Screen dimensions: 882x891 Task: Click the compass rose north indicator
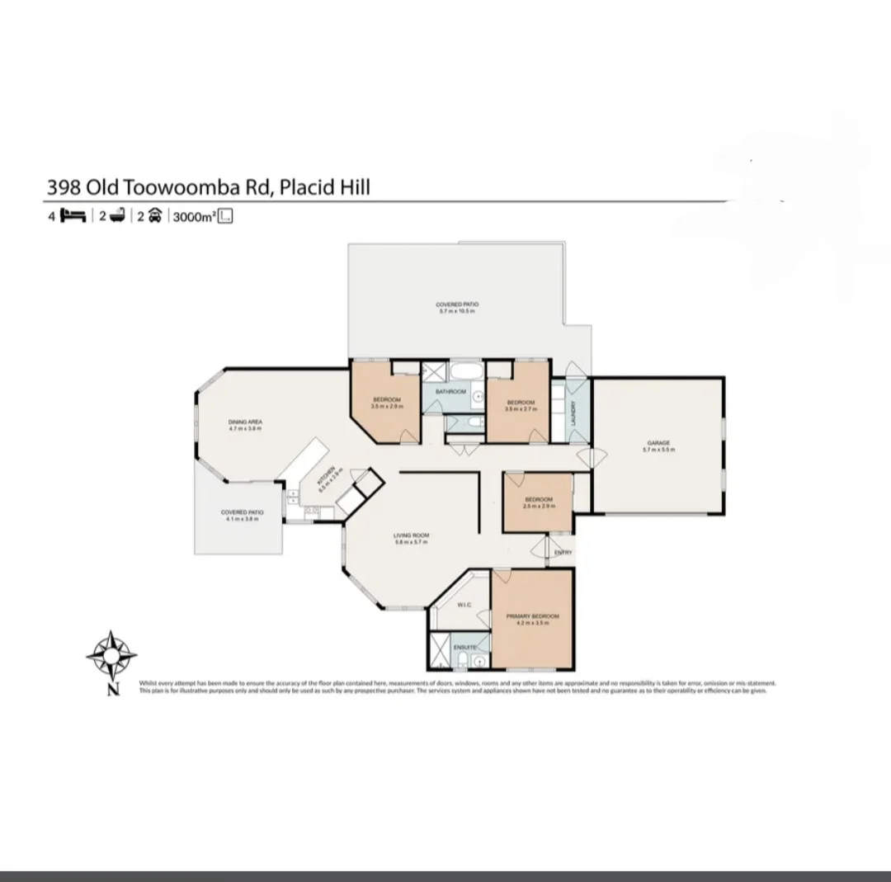[x=111, y=657]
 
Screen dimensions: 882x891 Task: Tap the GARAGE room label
[x=658, y=443]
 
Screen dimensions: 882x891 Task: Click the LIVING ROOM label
[x=410, y=535]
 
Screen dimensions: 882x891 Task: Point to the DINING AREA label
[x=245, y=422]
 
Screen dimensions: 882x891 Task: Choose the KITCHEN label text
[x=327, y=473]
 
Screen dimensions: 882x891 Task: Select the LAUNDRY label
[x=573, y=411]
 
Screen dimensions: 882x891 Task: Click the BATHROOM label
[x=451, y=391]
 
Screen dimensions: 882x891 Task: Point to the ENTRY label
[x=563, y=552]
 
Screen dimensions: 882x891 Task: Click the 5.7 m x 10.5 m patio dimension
[x=457, y=311]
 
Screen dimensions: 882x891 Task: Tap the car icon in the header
[x=153, y=216]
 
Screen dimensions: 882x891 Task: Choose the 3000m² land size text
[x=193, y=217]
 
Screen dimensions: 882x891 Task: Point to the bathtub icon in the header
[x=115, y=216]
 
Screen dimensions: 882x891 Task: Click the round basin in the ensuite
[x=478, y=661]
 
